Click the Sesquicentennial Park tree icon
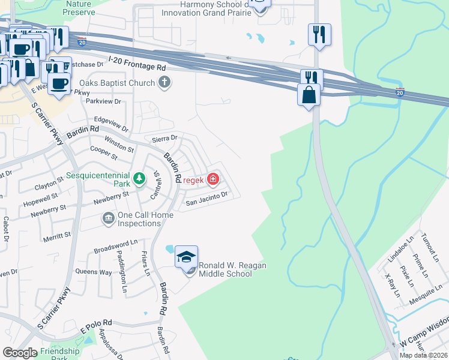tap(139, 178)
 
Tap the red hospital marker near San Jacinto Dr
tap(212, 179)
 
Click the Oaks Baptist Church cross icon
tap(162, 83)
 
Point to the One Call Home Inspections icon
tap(109, 217)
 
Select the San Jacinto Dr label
tap(206, 199)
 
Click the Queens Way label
tap(93, 272)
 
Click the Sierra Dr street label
tap(166, 137)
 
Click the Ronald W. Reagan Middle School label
tap(224, 269)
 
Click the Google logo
tap(20, 353)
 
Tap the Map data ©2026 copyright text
tap(423, 355)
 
